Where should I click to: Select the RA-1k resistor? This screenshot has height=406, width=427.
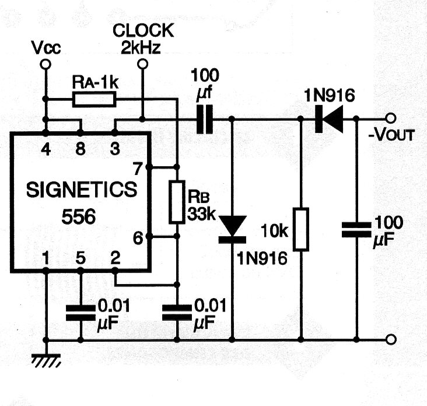click(95, 100)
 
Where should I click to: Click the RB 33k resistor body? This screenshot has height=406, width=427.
click(177, 202)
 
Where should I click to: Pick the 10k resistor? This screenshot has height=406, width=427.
click(301, 229)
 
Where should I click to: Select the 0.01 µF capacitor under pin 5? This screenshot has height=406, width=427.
click(80, 314)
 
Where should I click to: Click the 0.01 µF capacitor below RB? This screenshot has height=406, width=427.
click(177, 314)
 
